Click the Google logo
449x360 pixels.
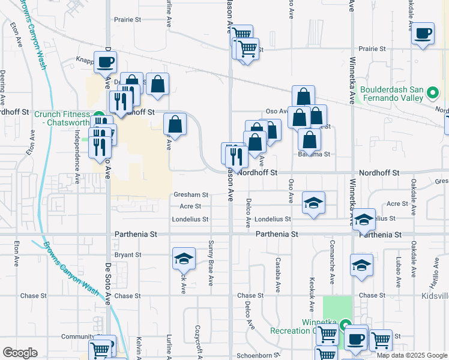pos(20,353)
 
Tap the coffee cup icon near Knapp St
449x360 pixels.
pos(105,61)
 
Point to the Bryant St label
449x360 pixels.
pos(127,254)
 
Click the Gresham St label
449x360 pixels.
pos(190,195)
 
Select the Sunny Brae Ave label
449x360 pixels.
pos(211,263)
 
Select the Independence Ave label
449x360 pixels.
pos(77,154)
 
